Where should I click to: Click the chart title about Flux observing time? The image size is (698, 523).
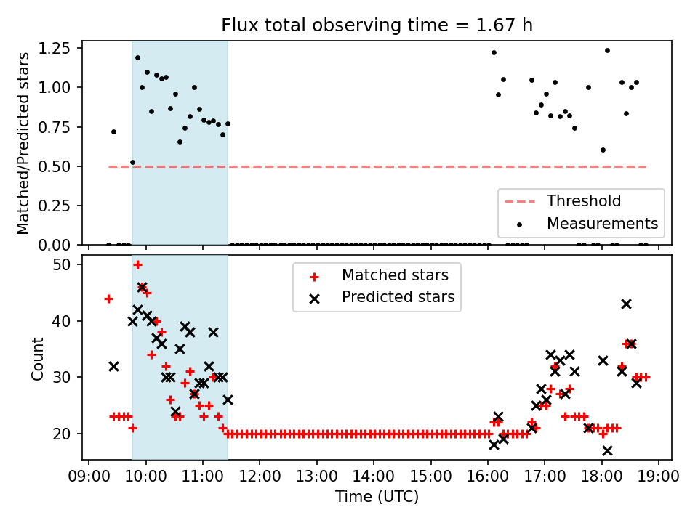click(x=377, y=25)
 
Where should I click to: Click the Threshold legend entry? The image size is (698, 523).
click(x=583, y=201)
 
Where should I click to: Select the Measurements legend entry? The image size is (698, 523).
click(x=602, y=222)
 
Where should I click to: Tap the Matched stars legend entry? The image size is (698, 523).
click(x=395, y=275)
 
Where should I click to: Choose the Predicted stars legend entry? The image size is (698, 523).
click(x=398, y=296)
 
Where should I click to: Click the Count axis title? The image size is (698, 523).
click(x=38, y=358)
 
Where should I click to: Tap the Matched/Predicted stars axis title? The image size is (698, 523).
click(x=23, y=143)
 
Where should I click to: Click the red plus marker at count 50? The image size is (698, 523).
click(x=137, y=264)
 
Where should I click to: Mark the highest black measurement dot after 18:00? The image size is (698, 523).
click(x=607, y=50)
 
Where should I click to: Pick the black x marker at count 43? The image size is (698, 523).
click(x=626, y=304)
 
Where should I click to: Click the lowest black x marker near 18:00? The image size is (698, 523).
click(x=607, y=450)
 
